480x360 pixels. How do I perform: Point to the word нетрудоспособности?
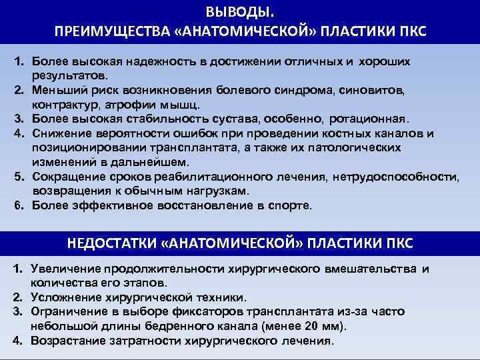click(402, 176)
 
